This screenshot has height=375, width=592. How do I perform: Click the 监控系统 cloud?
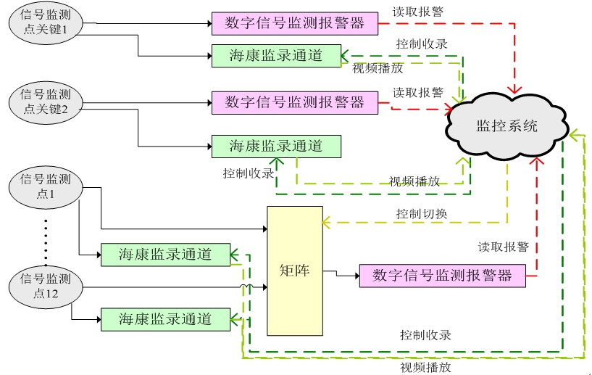coord(507,125)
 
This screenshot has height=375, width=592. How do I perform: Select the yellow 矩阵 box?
coord(294,271)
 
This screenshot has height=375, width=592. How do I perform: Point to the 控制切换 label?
coord(422,214)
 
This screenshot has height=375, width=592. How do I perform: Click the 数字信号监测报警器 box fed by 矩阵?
coord(442,276)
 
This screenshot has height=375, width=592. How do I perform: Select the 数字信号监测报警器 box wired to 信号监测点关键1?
coord(295,23)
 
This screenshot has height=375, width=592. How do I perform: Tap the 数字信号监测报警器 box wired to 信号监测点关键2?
coord(295,102)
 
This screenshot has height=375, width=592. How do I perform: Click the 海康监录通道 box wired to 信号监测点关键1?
coord(276,56)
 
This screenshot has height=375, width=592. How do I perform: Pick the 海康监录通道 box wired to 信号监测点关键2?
coord(276,146)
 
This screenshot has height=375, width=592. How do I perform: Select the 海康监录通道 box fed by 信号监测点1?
coord(165,254)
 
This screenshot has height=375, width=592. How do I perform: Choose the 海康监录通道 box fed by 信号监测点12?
coord(165,318)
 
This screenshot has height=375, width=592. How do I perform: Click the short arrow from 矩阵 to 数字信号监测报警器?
coord(341,273)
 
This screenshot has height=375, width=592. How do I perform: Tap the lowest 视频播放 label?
coord(425,367)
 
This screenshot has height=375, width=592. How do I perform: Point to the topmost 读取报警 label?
coord(418,12)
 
